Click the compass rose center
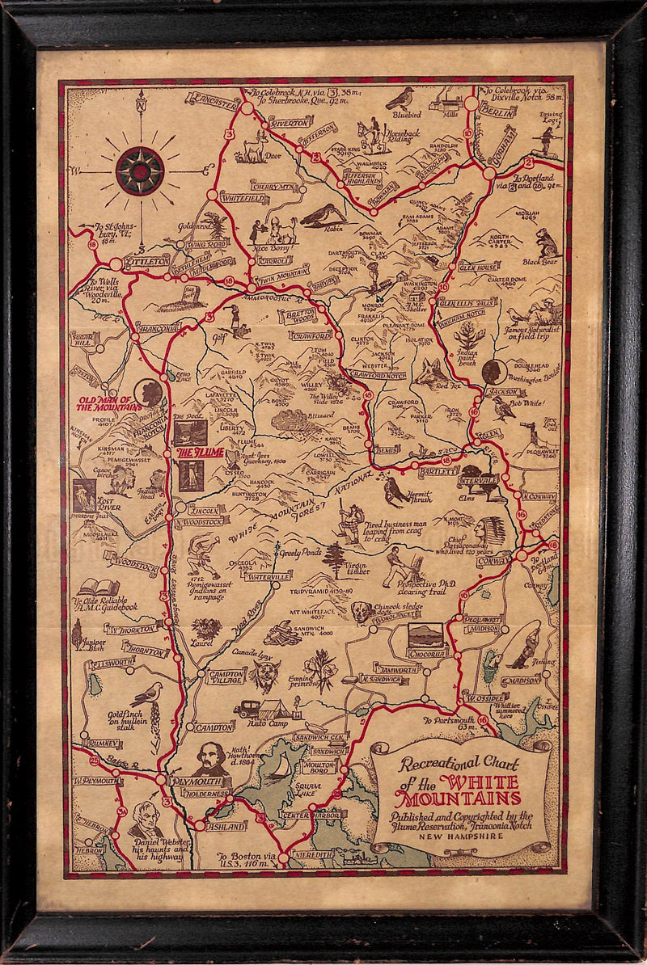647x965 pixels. (x=140, y=171)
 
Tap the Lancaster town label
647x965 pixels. (x=213, y=98)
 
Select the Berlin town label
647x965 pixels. (x=497, y=112)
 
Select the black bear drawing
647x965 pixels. (x=547, y=242)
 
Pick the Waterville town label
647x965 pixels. (x=267, y=577)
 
